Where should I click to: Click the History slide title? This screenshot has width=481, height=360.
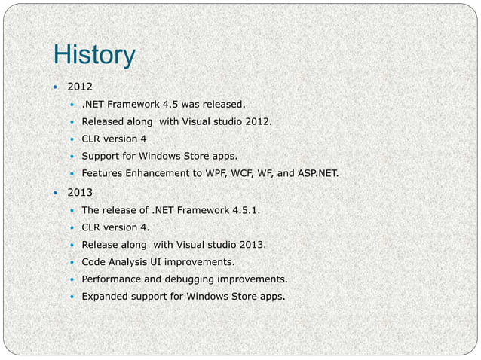94,55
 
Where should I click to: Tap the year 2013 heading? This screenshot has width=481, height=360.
80,193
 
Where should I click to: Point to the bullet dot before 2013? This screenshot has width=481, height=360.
54,193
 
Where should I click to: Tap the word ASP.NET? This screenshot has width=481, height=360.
317,175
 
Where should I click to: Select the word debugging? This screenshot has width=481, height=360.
195,279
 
